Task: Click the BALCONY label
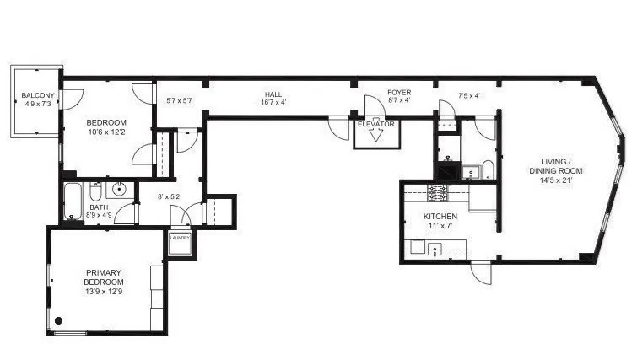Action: pos(38,95)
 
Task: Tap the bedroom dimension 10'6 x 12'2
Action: pos(106,132)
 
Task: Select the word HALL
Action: pos(273,94)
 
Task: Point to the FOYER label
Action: pos(399,93)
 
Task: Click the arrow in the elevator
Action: pos(376,135)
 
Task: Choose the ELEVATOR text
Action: pos(375,124)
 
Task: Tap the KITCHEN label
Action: pos(440,217)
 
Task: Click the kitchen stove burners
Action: pos(437,192)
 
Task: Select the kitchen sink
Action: pos(435,249)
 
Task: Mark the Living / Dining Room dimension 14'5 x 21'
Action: pos(556,180)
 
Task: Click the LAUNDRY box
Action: pos(180,244)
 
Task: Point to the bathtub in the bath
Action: pos(73,201)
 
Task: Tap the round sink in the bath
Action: pos(120,188)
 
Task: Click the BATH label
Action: pos(99,207)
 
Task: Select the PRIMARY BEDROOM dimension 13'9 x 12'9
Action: pos(104,292)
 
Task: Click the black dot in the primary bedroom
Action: pos(58,320)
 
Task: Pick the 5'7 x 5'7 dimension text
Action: pos(179,100)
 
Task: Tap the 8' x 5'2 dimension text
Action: pos(169,196)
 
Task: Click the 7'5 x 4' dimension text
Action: pos(469,96)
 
